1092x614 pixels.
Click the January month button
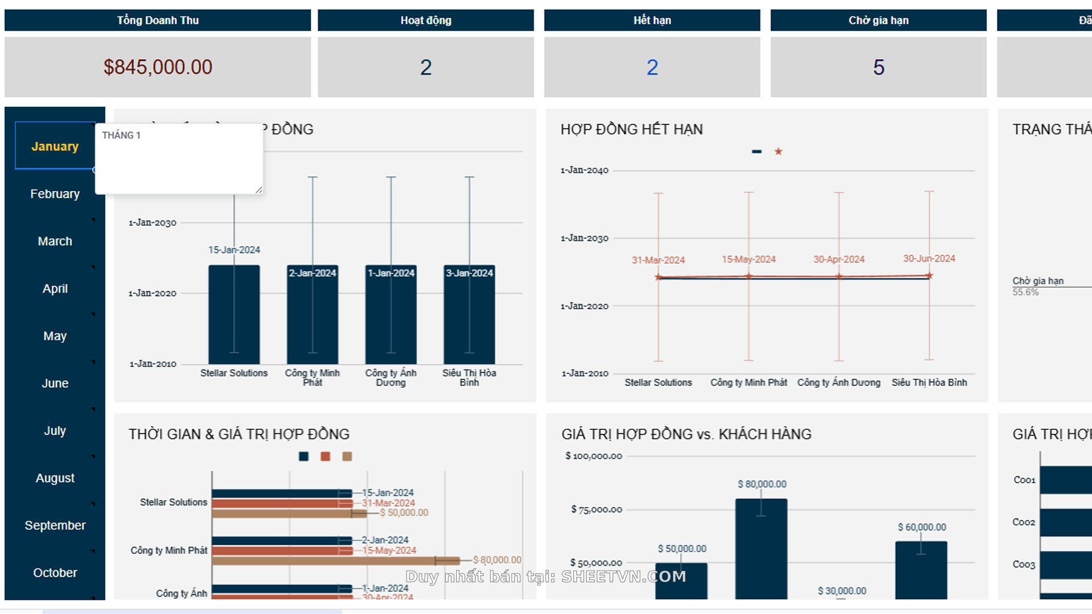55,146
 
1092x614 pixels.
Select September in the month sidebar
55,525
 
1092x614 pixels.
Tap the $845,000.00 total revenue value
158,67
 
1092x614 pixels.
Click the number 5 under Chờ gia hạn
878,68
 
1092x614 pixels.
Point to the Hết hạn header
652,20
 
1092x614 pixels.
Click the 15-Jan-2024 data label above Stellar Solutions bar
234,250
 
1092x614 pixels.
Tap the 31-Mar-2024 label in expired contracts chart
658,260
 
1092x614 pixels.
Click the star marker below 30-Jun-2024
929,276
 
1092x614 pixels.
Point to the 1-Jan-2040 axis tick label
584,170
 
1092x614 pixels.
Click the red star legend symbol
778,151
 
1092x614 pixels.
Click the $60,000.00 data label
921,527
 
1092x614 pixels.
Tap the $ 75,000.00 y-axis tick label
596,509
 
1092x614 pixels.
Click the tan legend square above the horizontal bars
347,457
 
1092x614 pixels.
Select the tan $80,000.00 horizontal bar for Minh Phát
336,561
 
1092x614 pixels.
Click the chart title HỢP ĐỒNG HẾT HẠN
631,129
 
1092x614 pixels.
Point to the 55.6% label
1025,292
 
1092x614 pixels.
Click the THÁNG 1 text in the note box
121,135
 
